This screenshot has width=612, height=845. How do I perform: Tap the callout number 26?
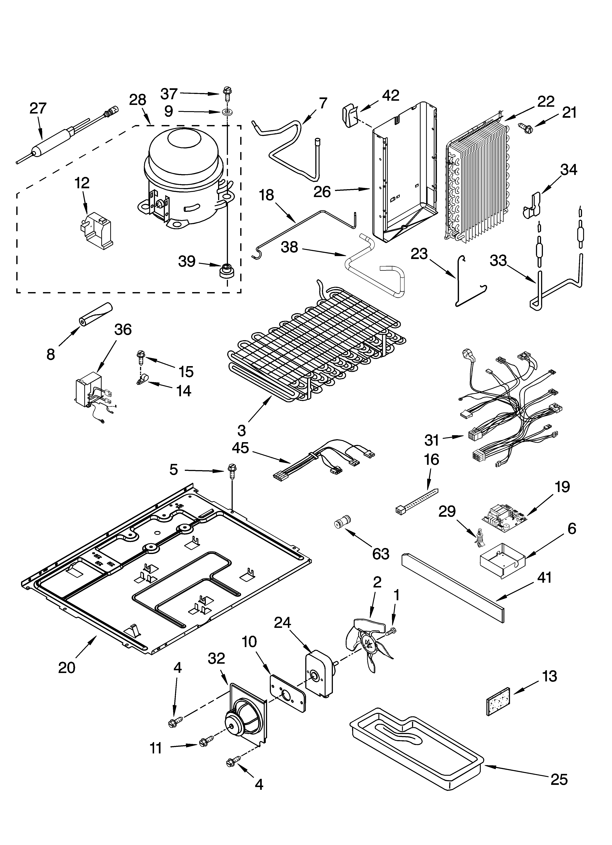[322, 192]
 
